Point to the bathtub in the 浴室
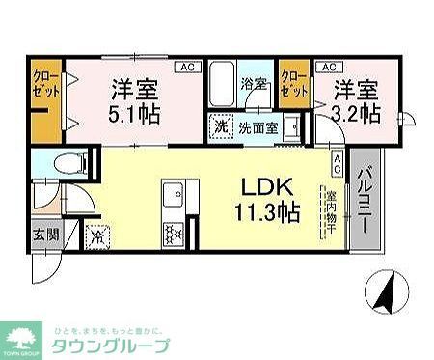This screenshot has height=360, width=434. coord(223,89)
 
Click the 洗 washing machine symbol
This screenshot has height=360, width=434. coord(221,125)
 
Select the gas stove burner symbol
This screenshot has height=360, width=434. coord(175,232)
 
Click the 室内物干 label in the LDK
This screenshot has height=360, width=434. coord(330,208)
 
